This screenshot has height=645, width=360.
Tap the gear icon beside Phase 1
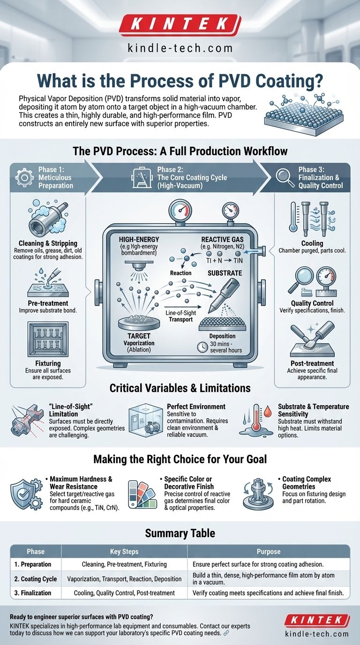[24, 177]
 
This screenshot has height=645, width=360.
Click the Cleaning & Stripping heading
[48, 243]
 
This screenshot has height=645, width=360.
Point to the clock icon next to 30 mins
[202, 347]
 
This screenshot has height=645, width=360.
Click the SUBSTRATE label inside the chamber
[225, 273]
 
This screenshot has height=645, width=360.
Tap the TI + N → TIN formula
[225, 261]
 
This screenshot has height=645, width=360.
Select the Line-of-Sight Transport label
[181, 316]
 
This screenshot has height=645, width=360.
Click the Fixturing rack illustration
[48, 339]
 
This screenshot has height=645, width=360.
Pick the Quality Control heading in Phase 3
[312, 303]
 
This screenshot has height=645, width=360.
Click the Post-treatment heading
[312, 363]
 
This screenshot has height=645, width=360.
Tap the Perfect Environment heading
[196, 406]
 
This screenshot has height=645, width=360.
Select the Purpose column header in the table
[269, 551]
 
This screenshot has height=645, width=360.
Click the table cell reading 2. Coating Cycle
[36, 579]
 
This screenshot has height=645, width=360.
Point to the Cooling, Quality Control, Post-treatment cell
[124, 593]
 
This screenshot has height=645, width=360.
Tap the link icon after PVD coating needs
[226, 633]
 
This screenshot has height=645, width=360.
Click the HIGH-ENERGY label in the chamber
[139, 240]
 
